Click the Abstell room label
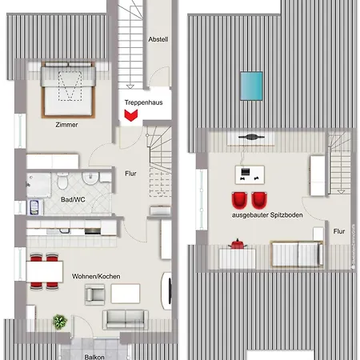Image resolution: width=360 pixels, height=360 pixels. coord(158,39)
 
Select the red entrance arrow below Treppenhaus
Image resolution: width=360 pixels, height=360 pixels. coord(130,116)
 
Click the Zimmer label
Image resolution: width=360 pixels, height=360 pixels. coord(66,125)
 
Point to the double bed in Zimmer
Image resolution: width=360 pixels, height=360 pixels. coord(66,89)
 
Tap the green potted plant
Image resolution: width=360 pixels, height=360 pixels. coord(59,322)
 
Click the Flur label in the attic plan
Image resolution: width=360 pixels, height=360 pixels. coord(339,232)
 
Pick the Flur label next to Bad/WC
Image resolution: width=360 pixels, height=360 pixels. coord(131,173)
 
